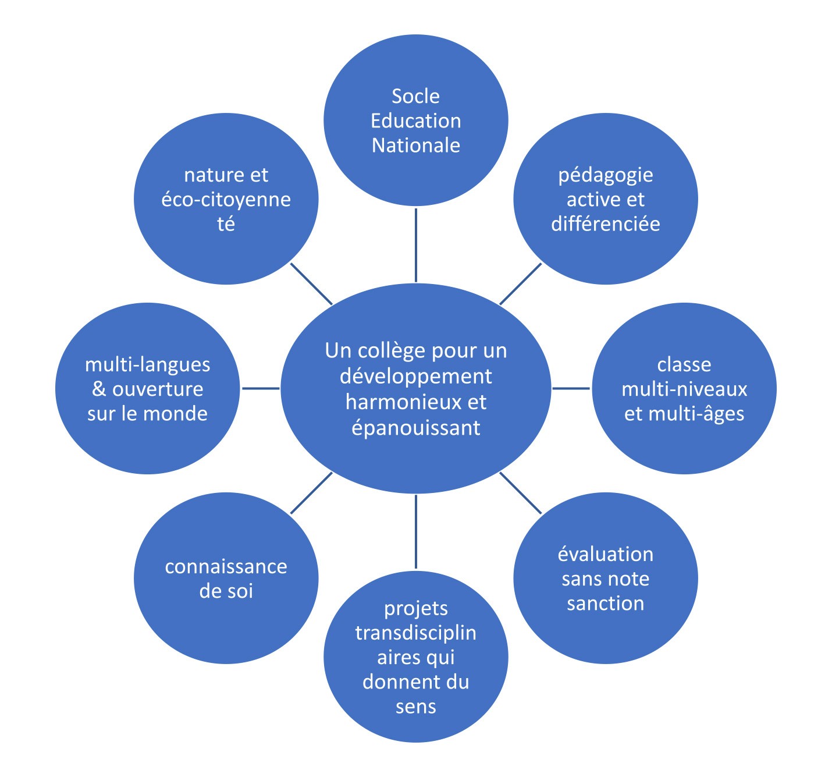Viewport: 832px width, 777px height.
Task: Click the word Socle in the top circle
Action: click(x=415, y=96)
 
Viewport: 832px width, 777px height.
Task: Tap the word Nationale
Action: click(x=415, y=145)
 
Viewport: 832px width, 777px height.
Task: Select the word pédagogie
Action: click(x=605, y=175)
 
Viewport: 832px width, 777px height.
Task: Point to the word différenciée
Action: click(x=605, y=224)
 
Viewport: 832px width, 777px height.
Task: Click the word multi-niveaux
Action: click(x=684, y=389)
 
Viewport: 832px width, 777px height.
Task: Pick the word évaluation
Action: click(x=605, y=554)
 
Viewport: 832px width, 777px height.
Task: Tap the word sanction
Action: click(x=605, y=604)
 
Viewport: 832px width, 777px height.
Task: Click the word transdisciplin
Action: click(x=415, y=633)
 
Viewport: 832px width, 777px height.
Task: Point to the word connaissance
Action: click(x=226, y=566)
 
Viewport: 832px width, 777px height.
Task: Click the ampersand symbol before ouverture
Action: click(x=99, y=389)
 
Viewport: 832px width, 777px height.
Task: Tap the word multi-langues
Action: click(x=147, y=364)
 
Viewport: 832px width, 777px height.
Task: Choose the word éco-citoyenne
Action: click(x=226, y=200)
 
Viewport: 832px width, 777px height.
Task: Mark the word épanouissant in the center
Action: click(x=415, y=428)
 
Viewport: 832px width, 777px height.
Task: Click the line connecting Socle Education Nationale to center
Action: click(x=415, y=244)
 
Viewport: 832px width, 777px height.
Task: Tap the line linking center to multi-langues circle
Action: click(x=260, y=388)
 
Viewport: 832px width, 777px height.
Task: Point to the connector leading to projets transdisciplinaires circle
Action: click(x=415, y=531)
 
